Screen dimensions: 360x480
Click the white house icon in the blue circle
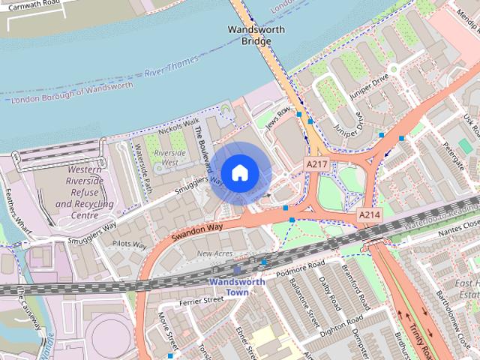(x=239, y=173)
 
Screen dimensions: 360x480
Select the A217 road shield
(x=316, y=163)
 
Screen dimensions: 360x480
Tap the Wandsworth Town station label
(x=237, y=287)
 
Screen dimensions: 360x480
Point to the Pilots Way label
(x=129, y=244)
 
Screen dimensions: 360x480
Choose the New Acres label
(x=214, y=254)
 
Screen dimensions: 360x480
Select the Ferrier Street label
(x=203, y=299)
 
